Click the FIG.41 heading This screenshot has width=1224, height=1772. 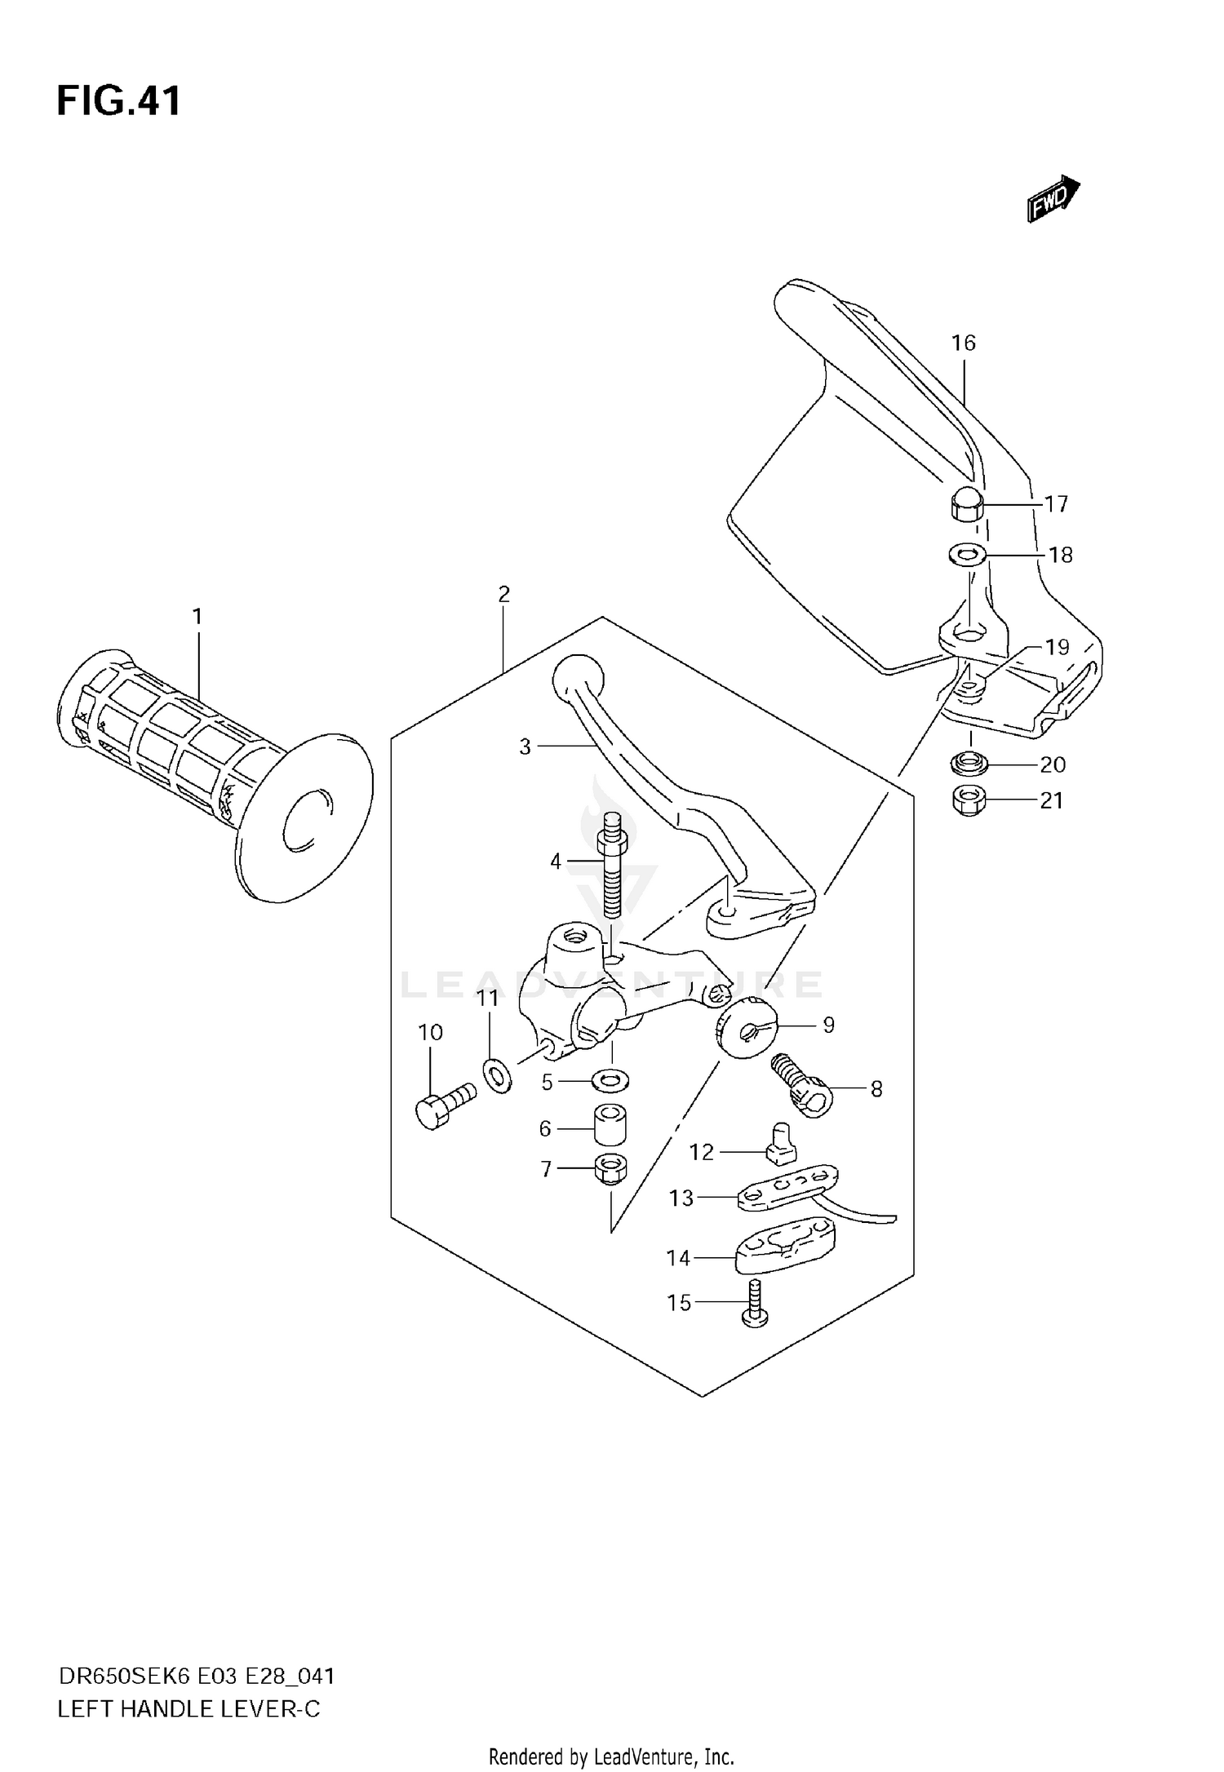[119, 103]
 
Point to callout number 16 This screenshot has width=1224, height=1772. [963, 343]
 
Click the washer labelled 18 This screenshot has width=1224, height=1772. [968, 556]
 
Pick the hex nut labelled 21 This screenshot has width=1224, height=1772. [969, 800]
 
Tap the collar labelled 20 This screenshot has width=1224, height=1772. [969, 764]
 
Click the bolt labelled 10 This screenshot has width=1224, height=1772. [443, 1105]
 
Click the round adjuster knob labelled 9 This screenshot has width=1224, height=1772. [746, 1029]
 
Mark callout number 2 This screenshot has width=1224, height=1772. [503, 595]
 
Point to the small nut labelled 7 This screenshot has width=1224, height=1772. [610, 1169]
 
